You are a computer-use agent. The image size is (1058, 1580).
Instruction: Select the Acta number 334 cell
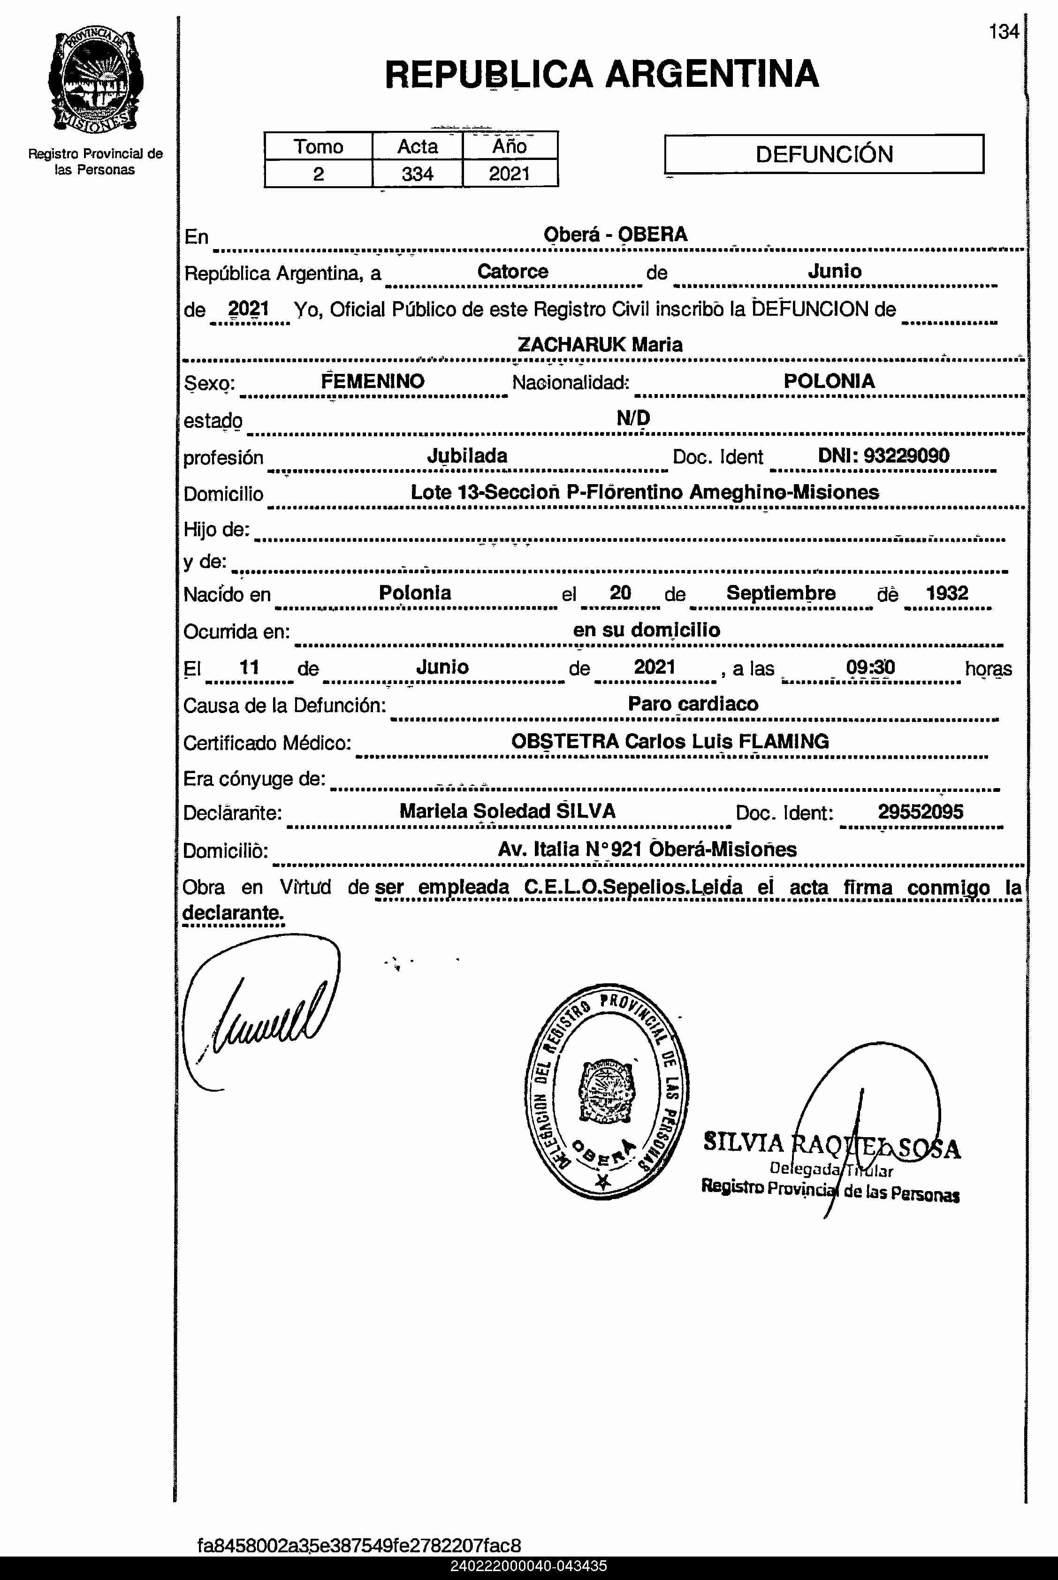tap(417, 174)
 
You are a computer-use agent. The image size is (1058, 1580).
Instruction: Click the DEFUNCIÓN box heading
tap(824, 154)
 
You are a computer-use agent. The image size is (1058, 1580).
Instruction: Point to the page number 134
tap(1004, 32)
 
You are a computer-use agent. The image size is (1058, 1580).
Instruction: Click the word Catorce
tap(513, 271)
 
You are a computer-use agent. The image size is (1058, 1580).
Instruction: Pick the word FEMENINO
tap(373, 381)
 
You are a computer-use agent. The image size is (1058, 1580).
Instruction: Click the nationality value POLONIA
tap(829, 381)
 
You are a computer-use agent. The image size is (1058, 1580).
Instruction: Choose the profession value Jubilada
tap(467, 456)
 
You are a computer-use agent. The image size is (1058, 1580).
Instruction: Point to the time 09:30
tap(870, 667)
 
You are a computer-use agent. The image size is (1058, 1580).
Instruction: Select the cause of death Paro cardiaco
tap(693, 704)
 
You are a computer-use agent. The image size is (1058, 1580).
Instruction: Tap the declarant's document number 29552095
tap(921, 812)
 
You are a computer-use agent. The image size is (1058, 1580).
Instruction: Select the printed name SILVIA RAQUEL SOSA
tap(831, 1144)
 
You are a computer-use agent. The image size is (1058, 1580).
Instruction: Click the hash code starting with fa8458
tap(359, 1546)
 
